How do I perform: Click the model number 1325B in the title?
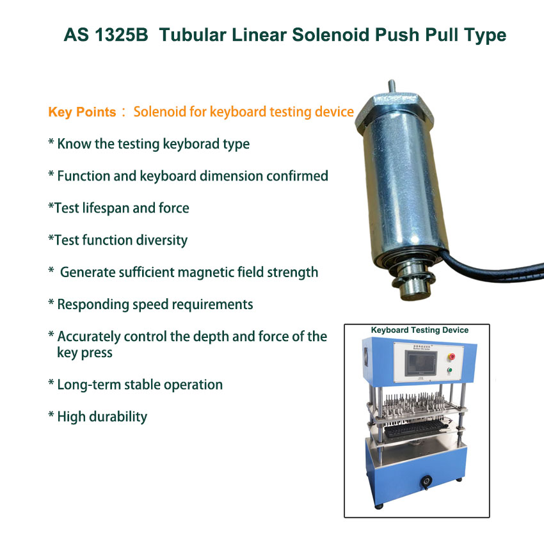click(x=121, y=35)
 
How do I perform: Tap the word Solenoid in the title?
click(x=331, y=35)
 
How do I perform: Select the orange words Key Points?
click(x=82, y=112)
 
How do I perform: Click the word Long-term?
click(x=89, y=385)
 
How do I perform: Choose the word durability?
click(x=118, y=417)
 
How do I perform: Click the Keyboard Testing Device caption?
click(x=420, y=330)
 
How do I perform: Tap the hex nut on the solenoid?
click(x=394, y=110)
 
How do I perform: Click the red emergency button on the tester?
click(x=452, y=356)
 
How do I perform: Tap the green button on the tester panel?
click(x=450, y=370)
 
